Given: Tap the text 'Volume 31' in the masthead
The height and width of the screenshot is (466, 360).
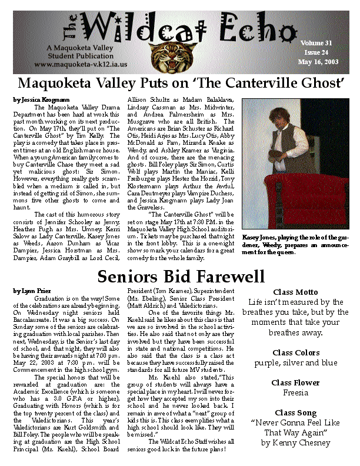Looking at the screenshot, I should click(x=316, y=43).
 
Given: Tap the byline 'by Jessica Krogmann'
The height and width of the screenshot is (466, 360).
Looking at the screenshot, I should click(x=36, y=99).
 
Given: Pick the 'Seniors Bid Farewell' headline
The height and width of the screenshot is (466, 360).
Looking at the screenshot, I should click(x=181, y=275).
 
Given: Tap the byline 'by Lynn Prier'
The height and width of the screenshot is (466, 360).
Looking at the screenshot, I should click(x=28, y=291).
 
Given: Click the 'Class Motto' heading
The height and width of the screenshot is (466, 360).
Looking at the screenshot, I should click(x=296, y=292).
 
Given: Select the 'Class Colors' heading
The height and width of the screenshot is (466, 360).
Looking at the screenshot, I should click(x=296, y=352).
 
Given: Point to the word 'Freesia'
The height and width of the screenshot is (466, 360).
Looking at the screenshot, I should click(x=296, y=392).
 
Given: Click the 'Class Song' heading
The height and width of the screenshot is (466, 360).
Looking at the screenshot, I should click(x=296, y=413).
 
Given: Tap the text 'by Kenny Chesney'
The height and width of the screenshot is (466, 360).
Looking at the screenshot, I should click(x=296, y=442).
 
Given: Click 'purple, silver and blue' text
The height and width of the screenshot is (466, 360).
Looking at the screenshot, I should click(x=296, y=362).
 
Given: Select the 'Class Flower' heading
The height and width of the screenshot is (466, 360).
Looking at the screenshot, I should click(x=296, y=382).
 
